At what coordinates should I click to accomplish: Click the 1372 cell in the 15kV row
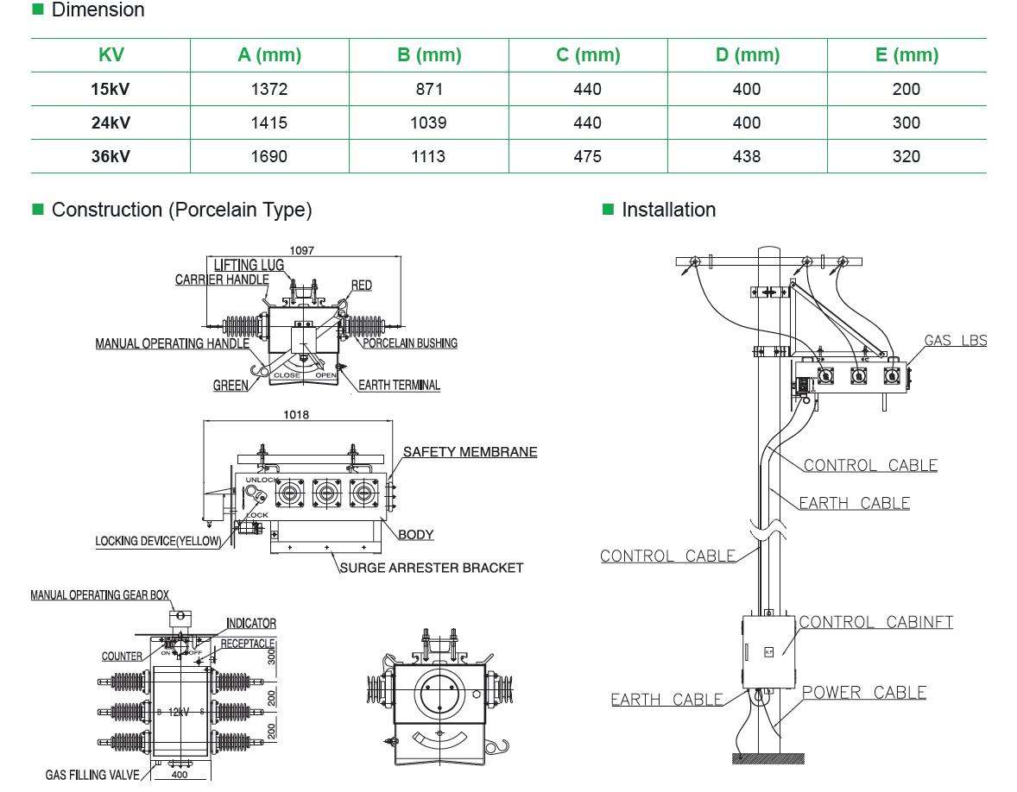269,89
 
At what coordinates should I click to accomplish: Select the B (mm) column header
429,55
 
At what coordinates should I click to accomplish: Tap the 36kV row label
111,156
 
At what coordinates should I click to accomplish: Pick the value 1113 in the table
429,156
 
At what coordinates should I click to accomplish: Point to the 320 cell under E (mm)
906,156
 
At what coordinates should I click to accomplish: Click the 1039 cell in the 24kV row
429,123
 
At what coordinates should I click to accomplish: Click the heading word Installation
668,210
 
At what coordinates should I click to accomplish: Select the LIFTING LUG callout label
249,265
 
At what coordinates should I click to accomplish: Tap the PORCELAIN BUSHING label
410,343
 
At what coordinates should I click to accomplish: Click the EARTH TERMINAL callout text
399,385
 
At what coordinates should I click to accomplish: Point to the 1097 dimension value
301,250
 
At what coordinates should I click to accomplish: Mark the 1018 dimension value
296,414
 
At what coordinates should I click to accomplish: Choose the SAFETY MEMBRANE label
470,451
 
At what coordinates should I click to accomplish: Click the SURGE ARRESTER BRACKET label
432,568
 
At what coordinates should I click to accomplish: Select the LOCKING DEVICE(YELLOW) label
158,542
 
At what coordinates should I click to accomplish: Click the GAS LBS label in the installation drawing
955,340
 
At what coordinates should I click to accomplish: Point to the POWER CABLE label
863,692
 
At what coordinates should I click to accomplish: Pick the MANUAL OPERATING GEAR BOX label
100,595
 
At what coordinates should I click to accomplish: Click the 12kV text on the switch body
178,712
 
